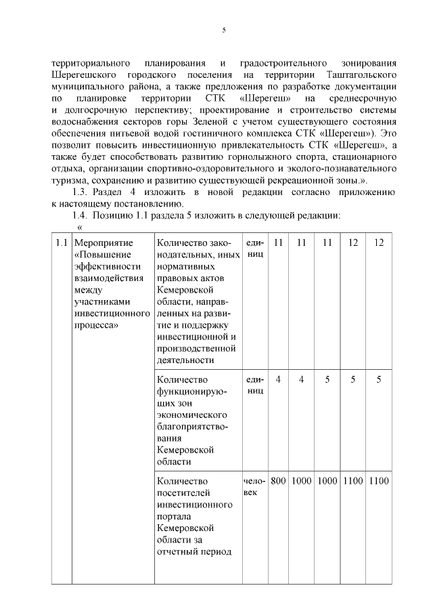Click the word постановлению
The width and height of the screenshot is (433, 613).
tap(156, 204)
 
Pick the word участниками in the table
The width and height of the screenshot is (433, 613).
tap(102, 301)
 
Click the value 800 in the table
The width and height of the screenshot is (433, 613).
tap(278, 480)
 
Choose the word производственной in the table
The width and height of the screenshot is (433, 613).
tap(196, 348)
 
